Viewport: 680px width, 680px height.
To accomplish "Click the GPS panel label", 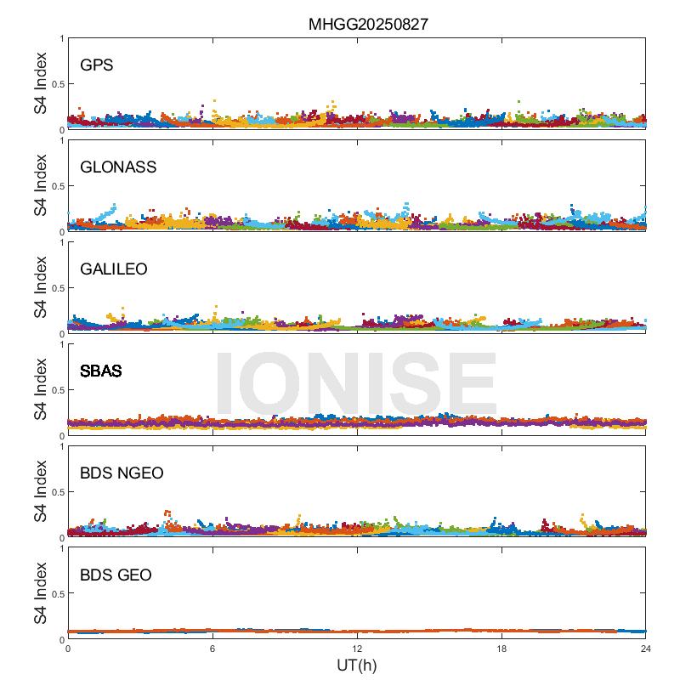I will (96, 65).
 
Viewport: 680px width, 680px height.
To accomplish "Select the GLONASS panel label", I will (118, 167).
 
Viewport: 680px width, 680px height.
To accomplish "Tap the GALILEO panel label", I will (113, 269).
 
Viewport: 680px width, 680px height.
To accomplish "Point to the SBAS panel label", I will (100, 371).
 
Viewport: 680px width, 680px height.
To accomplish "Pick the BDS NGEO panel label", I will (121, 473).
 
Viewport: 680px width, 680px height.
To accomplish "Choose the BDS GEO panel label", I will (116, 575).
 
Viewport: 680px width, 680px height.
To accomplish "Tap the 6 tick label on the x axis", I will (212, 649).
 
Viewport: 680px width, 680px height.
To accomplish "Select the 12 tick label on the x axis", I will (357, 649).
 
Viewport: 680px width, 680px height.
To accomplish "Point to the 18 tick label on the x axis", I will (501, 649).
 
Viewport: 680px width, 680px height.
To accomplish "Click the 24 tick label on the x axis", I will (646, 649).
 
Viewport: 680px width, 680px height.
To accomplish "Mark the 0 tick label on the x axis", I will (68, 649).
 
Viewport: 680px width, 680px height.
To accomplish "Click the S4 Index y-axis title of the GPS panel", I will (41, 83).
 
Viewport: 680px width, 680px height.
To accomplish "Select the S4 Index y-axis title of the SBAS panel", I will (41, 389).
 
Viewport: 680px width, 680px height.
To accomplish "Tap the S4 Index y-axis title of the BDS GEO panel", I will (41, 593).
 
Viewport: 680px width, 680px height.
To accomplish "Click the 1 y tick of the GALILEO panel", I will (60, 242).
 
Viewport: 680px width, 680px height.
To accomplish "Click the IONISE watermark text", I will (356, 384).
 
